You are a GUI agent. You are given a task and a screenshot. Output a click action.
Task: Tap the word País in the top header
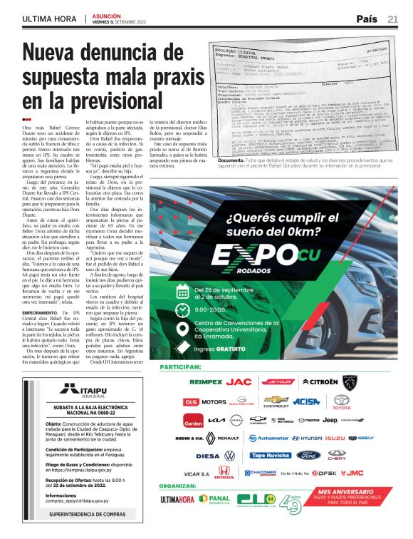(367, 19)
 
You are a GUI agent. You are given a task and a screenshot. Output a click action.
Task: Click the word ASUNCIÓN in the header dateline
(108, 16)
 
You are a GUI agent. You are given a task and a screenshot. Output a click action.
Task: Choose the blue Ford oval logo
(309, 455)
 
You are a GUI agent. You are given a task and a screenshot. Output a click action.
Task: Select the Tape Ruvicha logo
(270, 455)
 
